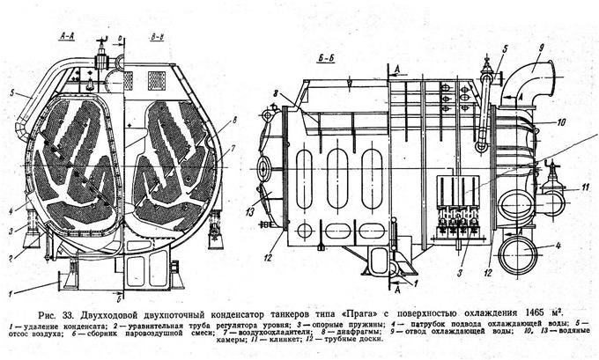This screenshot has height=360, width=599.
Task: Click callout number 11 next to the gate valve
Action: pos(583,187)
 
